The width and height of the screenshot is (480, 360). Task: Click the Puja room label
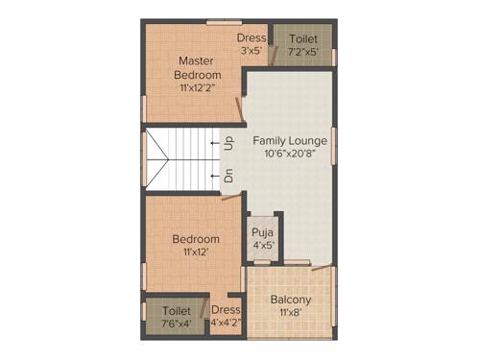[x=263, y=232]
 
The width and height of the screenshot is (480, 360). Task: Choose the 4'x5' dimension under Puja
[x=263, y=246]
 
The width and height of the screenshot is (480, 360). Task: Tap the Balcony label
[x=290, y=299]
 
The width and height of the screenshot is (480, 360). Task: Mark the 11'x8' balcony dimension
[x=290, y=313]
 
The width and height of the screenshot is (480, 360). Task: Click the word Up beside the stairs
[x=228, y=144]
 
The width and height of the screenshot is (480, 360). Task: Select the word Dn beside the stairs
[x=228, y=177]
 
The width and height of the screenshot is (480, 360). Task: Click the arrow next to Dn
[x=214, y=177]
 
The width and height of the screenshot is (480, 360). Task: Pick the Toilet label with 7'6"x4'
[x=176, y=311]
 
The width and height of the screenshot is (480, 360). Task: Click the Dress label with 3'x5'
[x=252, y=37]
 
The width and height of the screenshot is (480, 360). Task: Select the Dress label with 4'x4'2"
[x=226, y=310]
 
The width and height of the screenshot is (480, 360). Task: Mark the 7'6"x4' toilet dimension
[x=176, y=324]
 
